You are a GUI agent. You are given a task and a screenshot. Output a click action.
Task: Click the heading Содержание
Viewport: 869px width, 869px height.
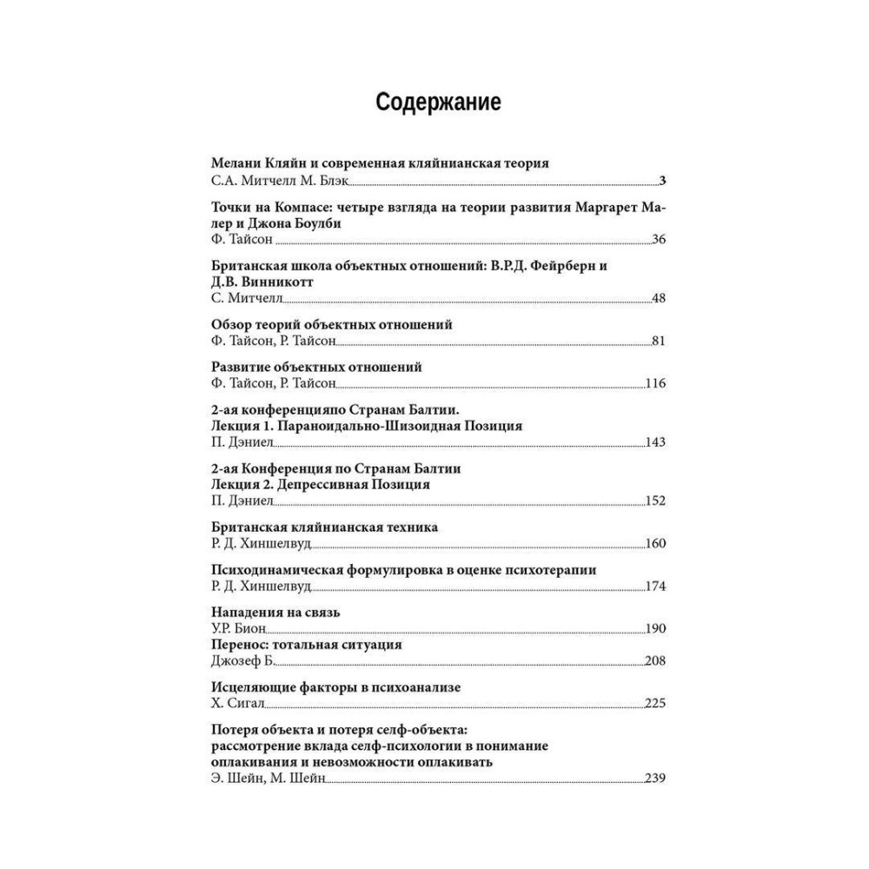point(438,103)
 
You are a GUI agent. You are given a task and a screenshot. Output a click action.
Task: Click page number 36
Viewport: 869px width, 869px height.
point(658,240)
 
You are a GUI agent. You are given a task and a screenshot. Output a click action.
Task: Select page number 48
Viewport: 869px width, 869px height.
point(658,299)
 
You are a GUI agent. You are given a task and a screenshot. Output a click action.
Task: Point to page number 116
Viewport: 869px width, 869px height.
point(655,383)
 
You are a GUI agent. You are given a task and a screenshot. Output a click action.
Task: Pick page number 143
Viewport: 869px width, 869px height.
point(655,442)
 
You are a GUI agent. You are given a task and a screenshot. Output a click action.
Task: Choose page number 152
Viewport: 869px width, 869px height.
point(655,501)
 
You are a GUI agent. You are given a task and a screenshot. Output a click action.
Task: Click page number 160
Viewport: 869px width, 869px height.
point(655,544)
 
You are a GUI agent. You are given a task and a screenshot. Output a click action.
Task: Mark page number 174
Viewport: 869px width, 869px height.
point(655,586)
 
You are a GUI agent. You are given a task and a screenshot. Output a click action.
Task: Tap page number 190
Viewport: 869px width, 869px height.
point(655,628)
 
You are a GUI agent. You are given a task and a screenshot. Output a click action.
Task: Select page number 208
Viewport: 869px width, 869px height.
point(655,661)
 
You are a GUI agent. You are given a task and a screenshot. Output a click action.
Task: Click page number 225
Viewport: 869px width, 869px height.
point(655,703)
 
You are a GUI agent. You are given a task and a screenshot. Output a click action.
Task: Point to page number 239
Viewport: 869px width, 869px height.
point(655,779)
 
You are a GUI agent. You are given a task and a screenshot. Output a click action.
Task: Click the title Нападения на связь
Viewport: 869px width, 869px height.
point(275,612)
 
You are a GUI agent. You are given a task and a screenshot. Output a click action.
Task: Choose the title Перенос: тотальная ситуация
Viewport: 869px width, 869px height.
point(307,645)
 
